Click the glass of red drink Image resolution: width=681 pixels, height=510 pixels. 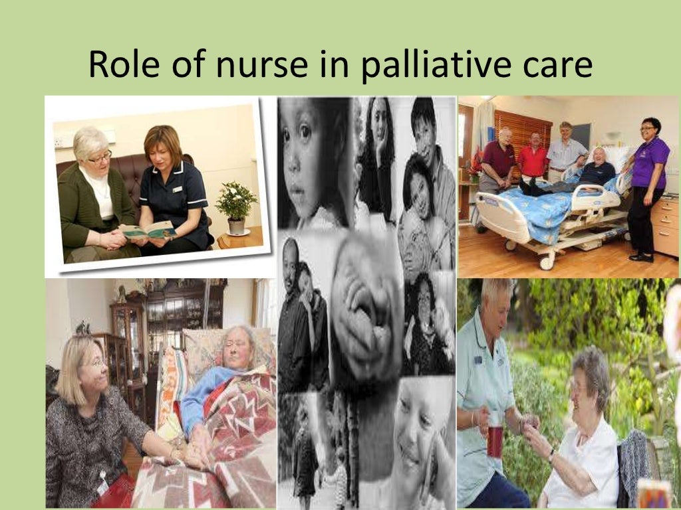[x=495, y=440]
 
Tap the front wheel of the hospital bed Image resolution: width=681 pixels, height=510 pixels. [x=547, y=262]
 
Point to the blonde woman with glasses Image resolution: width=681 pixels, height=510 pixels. [x=93, y=412]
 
